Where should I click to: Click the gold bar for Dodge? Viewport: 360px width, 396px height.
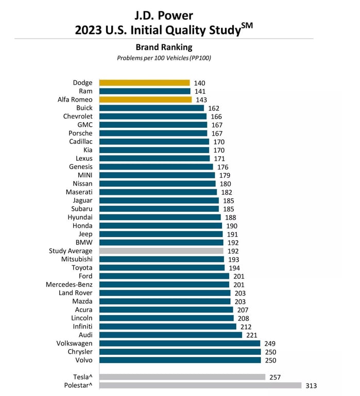144,82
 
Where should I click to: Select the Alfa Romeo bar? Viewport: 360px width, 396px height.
145,100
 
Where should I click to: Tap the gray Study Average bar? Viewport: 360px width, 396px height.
161,251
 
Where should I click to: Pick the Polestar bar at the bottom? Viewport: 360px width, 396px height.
200,385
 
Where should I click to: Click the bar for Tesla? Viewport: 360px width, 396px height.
182,376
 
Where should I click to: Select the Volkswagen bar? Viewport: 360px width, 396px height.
180,343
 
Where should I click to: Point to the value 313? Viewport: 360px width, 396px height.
312,385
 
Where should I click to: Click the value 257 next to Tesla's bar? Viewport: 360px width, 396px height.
276,376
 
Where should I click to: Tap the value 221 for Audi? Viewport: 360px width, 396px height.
252,335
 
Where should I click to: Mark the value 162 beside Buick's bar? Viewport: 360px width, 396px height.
214,108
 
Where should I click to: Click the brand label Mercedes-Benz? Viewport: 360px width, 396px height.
69,284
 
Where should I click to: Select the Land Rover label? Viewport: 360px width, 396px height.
76,293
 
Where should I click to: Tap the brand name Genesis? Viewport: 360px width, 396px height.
80,167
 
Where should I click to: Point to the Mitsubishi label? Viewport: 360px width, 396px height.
77,259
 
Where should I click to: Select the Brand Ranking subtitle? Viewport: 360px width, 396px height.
164,47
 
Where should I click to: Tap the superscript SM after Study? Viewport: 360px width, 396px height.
247,25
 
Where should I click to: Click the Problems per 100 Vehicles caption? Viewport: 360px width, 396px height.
164,58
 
